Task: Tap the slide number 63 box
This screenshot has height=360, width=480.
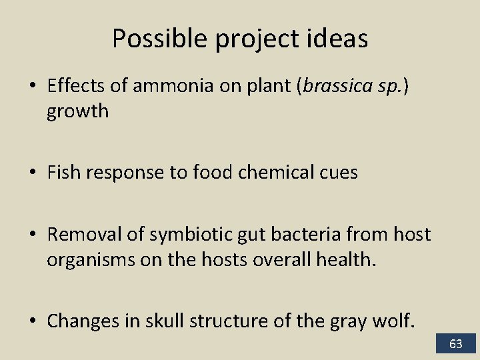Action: coord(456,344)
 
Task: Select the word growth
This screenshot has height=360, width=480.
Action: coord(77,111)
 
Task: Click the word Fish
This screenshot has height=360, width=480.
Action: coord(64,173)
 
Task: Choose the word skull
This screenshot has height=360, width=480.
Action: coord(211,321)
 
